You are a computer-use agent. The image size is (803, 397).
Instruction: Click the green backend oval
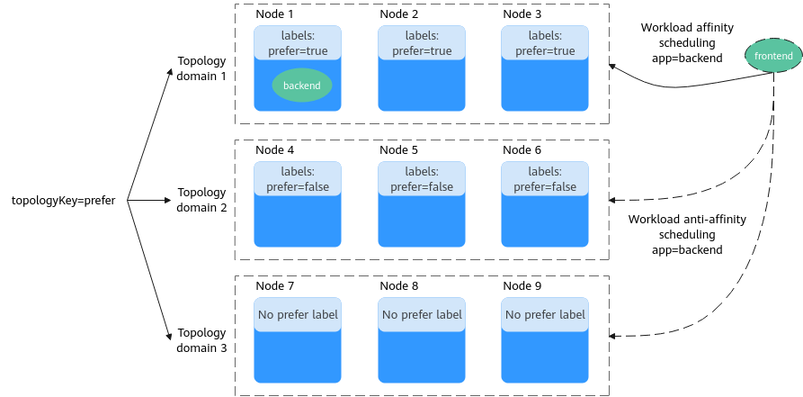301,86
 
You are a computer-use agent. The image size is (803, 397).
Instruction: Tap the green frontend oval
773,56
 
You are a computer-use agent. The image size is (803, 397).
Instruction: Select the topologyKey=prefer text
64,201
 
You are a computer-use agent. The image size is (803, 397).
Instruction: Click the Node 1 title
274,14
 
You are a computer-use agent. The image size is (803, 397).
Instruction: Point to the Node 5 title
398,149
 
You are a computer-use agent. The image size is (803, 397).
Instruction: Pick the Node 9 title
522,285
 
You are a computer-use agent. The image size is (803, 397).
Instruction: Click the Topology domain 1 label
201,68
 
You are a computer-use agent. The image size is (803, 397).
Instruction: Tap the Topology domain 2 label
201,200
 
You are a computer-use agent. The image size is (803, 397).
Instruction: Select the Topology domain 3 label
201,340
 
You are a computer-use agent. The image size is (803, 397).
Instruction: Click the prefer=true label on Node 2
422,51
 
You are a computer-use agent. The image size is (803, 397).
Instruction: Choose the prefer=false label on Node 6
545,186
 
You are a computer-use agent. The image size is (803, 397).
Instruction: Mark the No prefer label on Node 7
298,314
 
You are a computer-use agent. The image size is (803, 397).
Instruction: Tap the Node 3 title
522,14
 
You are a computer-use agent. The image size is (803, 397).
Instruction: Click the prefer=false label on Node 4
298,186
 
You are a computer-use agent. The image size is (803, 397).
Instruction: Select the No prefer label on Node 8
422,314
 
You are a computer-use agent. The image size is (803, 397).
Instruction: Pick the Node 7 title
274,285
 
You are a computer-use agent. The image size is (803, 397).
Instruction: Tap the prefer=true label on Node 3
545,51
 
